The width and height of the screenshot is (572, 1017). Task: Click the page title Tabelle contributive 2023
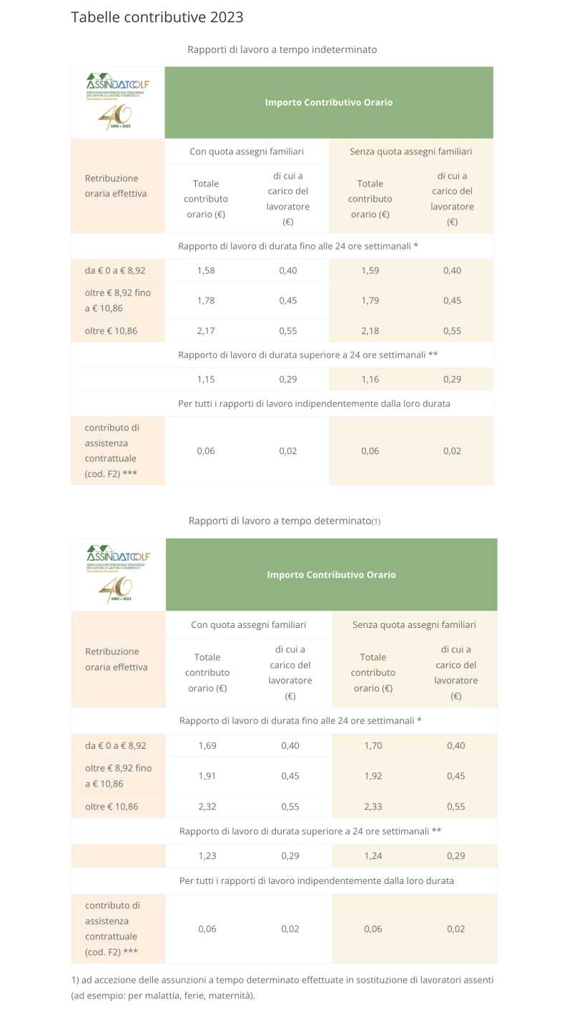click(x=157, y=16)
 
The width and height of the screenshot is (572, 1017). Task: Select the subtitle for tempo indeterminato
click(x=282, y=49)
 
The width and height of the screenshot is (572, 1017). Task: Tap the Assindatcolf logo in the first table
click(x=117, y=102)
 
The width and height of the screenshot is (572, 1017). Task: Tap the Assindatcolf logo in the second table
click(x=119, y=574)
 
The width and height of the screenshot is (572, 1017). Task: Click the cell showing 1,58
click(x=206, y=270)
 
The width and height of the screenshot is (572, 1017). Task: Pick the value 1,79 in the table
click(x=370, y=300)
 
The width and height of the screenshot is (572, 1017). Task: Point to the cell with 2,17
click(x=206, y=331)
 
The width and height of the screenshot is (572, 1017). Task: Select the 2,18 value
click(x=370, y=331)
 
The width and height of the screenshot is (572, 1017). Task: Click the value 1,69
click(x=207, y=745)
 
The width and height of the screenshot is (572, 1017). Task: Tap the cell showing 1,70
click(x=373, y=745)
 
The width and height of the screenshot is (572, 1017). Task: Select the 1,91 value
click(x=207, y=776)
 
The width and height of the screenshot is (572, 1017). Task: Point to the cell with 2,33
click(x=373, y=807)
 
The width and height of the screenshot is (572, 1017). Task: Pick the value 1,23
click(x=207, y=855)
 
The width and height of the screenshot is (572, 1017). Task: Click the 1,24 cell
click(x=373, y=855)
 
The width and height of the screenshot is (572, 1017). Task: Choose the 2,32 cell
click(x=207, y=807)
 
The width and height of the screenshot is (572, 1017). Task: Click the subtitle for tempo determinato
click(x=284, y=520)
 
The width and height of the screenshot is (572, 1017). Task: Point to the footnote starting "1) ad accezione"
click(x=282, y=987)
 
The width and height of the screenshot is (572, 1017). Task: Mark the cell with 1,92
click(x=373, y=776)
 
